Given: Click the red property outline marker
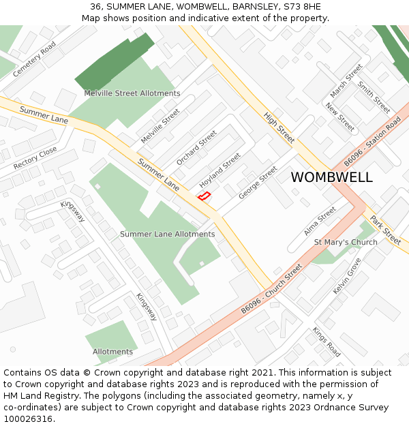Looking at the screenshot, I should pos(203,196).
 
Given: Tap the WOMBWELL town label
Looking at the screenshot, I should pos(331,177).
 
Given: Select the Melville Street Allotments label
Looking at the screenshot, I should pos(132,93).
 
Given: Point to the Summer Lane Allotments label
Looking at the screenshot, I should pos(167,234).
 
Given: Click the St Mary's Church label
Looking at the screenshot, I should pos(346,243).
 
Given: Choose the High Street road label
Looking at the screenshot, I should pos(279,127).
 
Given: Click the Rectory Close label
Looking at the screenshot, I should pos(35,159).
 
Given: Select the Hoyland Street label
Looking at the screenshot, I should pos(220,170).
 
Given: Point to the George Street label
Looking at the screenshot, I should pos(258,183).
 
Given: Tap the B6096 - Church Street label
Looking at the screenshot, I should pos(271,290).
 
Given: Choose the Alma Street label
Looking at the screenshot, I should pos(320,221).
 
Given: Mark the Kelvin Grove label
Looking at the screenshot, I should pos(347,277).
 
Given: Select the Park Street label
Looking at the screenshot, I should pos(386,230).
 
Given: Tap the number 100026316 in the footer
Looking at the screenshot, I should pos(28,419).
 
